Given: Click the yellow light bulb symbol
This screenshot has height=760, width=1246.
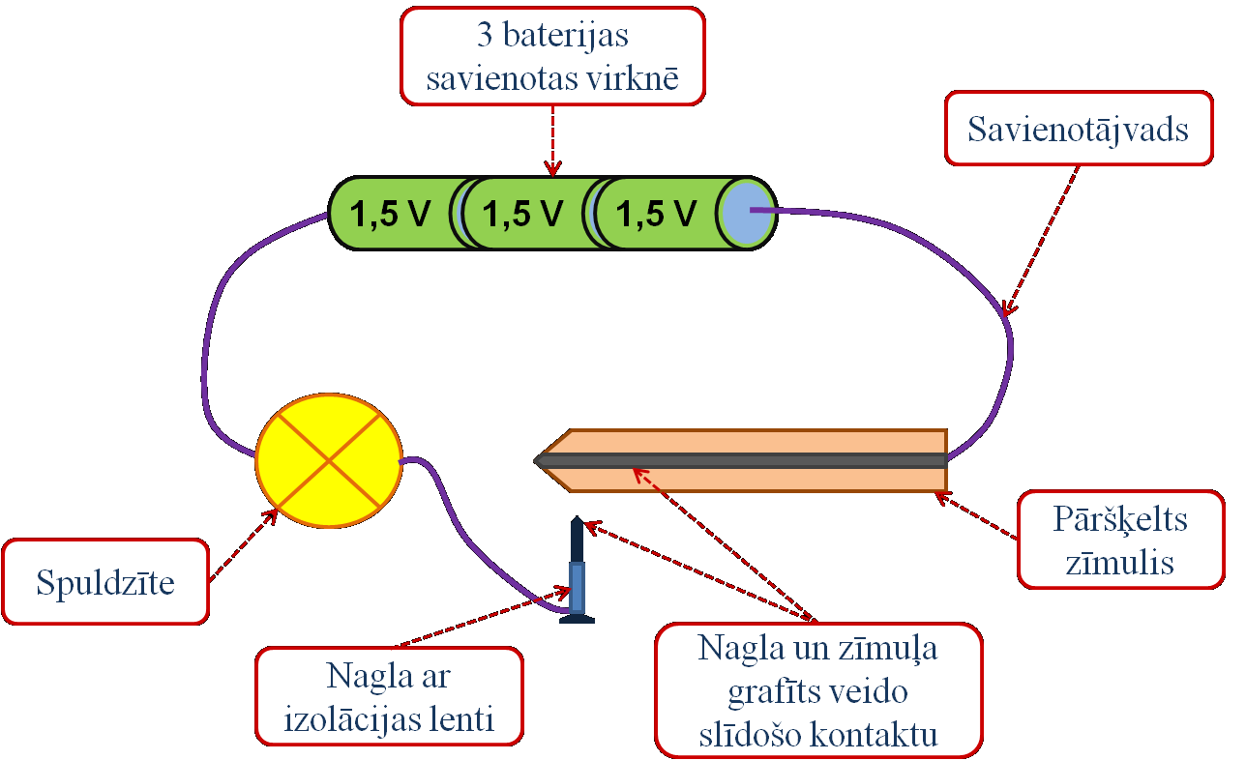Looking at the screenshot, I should click(x=329, y=461).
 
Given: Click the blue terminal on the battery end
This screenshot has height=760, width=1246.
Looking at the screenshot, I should click(x=747, y=213).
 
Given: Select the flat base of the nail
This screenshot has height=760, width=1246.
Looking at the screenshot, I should click(x=578, y=619).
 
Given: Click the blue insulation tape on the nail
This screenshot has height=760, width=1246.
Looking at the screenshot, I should click(x=578, y=588).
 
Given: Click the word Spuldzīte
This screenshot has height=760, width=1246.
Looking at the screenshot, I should click(x=105, y=582).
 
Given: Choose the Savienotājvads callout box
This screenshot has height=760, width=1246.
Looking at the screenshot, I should click(x=1078, y=128).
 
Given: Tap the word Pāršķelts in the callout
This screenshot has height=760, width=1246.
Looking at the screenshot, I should click(x=1120, y=520).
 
